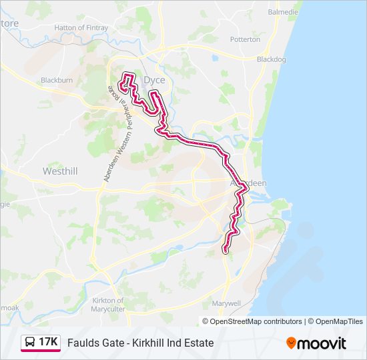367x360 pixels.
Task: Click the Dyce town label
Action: [x=154, y=80]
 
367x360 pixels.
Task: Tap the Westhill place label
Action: [x=60, y=171]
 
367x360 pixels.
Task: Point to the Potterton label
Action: [x=245, y=39]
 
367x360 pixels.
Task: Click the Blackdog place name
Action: [x=272, y=59]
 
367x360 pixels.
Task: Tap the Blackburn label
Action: [x=57, y=80]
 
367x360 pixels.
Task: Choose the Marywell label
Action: [x=225, y=303]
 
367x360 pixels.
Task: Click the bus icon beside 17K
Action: [x=30, y=343]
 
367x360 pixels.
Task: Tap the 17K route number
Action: [x=48, y=343]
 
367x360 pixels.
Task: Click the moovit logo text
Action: [x=322, y=343]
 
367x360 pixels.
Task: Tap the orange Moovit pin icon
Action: [x=291, y=343]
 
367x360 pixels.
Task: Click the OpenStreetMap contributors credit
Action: [x=256, y=321]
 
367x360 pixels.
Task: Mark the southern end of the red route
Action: [x=225, y=250]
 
